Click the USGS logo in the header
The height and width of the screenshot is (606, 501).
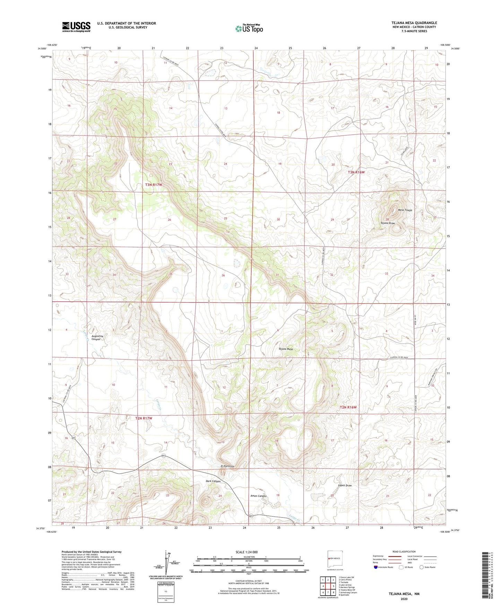point(76,27)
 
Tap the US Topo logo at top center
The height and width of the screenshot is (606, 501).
point(249,28)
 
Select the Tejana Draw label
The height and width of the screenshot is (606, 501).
point(388,223)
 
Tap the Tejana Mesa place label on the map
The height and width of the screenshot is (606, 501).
point(285,349)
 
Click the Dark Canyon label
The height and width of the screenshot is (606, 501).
point(213,481)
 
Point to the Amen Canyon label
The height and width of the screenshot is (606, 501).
point(258,496)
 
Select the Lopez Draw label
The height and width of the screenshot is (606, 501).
point(345,485)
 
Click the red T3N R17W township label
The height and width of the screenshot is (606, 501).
point(154,185)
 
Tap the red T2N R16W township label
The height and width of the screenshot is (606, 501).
point(348,407)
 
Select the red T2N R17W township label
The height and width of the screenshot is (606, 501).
point(144,418)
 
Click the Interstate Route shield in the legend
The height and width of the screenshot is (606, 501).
point(376,567)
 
